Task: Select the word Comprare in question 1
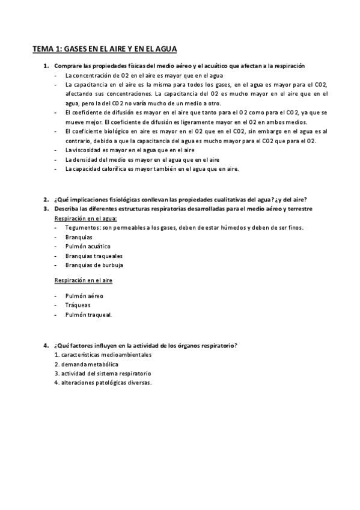67,65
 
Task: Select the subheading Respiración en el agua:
86,218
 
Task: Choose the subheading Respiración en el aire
84,280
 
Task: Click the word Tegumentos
84,227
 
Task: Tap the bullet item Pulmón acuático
88,246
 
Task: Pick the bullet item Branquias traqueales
93,256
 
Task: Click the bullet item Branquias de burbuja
94,265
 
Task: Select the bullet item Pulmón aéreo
84,296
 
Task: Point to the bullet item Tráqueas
78,305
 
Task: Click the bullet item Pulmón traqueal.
88,314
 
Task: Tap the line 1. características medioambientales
103,355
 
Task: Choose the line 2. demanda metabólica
86,364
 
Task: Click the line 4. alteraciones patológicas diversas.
103,382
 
